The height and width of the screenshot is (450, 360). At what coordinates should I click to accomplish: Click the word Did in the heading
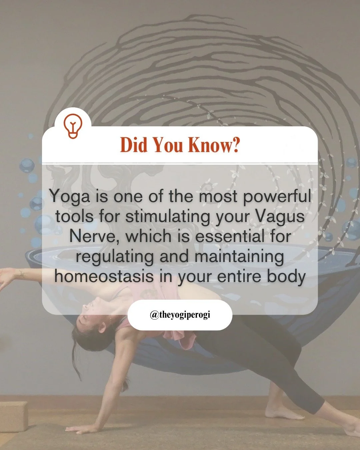(x=133, y=145)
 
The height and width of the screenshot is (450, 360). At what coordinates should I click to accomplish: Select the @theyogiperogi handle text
(x=180, y=315)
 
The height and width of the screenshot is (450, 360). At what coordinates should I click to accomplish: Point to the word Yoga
(x=70, y=197)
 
